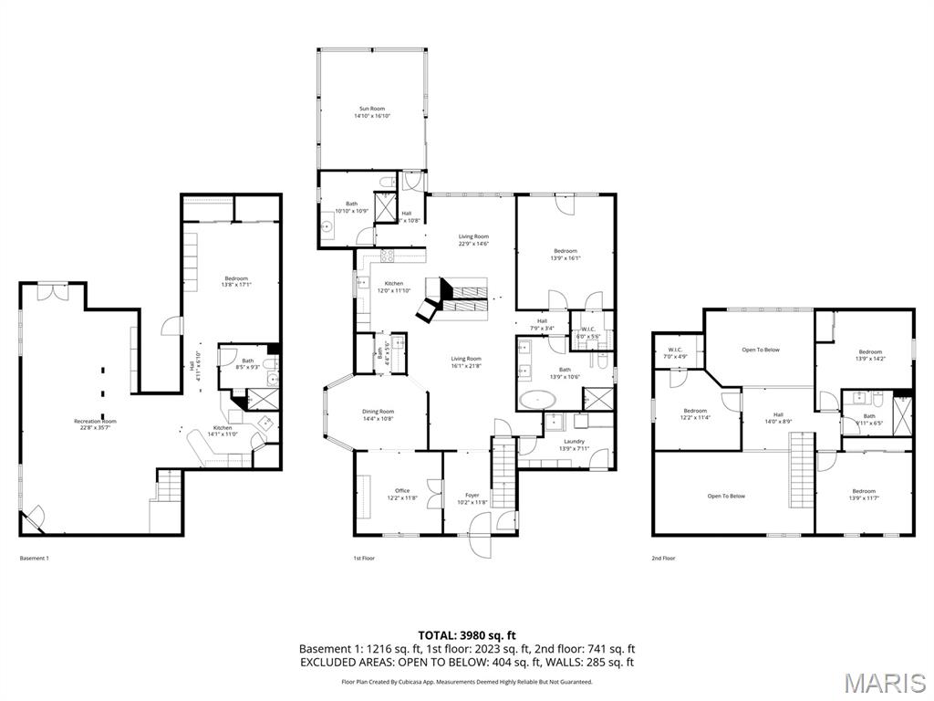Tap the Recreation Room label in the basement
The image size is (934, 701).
tap(95, 424)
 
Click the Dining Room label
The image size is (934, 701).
tap(379, 414)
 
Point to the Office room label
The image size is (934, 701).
tap(401, 494)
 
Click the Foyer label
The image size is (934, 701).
tap(472, 498)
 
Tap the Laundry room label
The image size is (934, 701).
tap(574, 444)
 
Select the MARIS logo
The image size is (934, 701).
tap(885, 682)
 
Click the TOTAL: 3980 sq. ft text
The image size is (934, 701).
tap(466, 635)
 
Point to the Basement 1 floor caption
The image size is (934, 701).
tap(34, 558)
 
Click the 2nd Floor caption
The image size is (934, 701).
tap(663, 558)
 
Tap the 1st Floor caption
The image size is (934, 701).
tap(364, 558)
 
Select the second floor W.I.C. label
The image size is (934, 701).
tap(675, 352)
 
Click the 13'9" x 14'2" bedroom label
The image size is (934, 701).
tap(869, 355)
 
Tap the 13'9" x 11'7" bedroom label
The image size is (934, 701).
tap(863, 494)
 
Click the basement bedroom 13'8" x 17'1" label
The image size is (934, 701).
tap(236, 282)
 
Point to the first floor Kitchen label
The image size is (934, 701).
tap(393, 287)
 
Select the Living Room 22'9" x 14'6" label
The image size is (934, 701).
tap(473, 239)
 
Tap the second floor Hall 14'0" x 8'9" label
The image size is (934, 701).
tap(778, 417)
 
